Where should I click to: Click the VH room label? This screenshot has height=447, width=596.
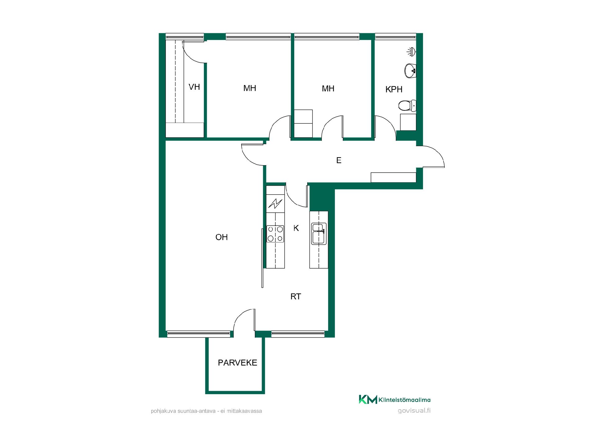[194, 87]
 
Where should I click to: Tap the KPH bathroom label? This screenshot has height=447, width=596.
[394, 89]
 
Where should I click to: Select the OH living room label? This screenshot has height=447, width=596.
[222, 237]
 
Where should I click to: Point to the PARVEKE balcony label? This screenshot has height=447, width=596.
[237, 363]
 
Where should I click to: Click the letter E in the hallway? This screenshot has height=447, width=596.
[339, 160]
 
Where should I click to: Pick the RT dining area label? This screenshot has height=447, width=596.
[296, 296]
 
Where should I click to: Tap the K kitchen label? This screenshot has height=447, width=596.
[296, 228]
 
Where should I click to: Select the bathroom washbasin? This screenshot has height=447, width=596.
[410, 71]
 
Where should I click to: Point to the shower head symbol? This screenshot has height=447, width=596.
[411, 52]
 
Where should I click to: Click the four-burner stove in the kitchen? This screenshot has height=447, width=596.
[275, 234]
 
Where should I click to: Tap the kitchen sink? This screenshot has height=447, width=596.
[318, 233]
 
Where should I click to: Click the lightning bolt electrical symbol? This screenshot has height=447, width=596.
[275, 204]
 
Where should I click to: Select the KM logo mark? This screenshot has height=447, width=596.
[368, 400]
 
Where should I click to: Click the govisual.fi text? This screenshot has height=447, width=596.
[414, 411]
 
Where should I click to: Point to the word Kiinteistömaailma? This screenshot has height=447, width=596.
[404, 400]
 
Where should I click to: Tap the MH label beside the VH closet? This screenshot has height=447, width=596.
[250, 88]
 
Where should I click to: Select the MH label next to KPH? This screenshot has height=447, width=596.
[328, 89]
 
